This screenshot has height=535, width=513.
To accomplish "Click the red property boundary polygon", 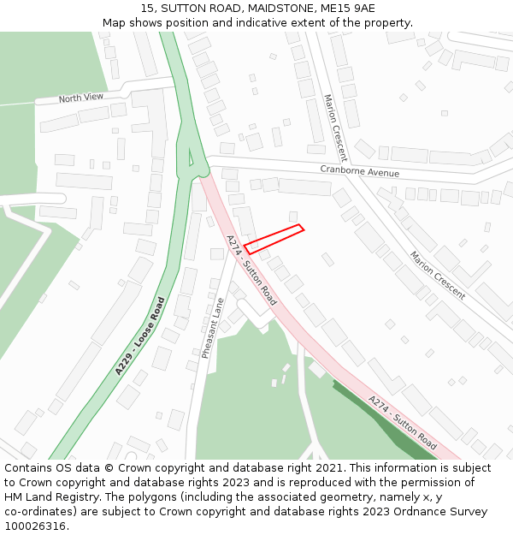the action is click(274, 239).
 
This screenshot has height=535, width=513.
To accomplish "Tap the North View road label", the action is click(81, 98).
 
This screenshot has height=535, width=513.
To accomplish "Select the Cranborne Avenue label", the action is click(359, 172).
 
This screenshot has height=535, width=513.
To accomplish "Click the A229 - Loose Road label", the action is click(139, 336).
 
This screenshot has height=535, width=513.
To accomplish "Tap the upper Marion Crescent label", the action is click(334, 128).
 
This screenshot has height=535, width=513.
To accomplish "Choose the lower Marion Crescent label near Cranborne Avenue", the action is click(437, 275).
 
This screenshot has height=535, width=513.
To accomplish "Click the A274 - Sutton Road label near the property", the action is click(251, 270).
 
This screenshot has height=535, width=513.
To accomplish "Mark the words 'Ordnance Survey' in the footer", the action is click(445, 512).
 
